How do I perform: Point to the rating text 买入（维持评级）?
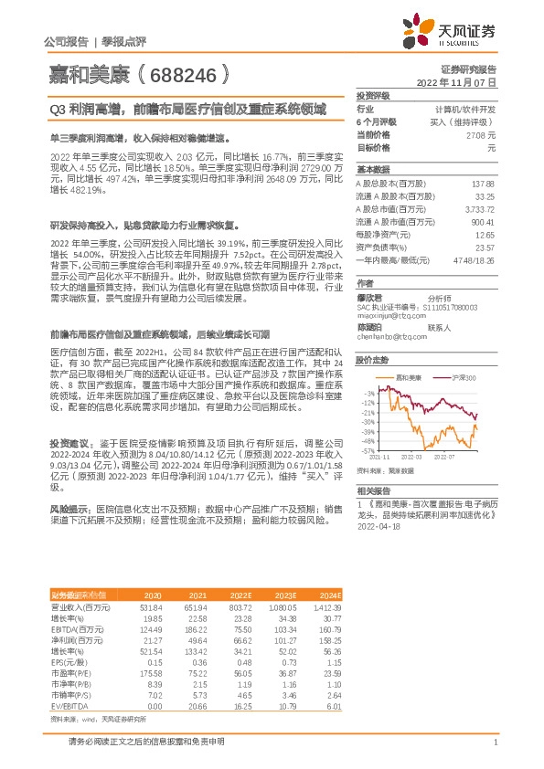tap(467, 121)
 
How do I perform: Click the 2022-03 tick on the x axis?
tap(411, 457)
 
